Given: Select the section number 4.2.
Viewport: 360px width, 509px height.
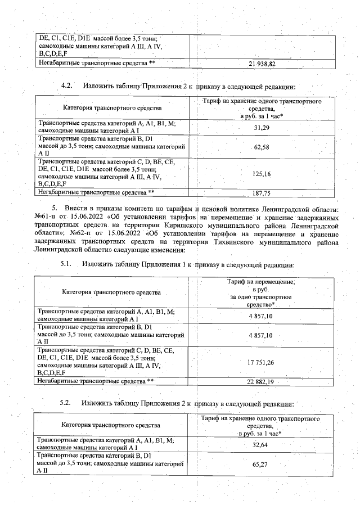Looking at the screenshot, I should click(x=67, y=87).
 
